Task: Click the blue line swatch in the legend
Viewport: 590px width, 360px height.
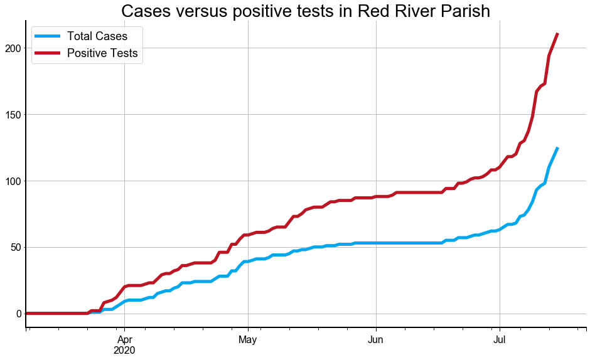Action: click(48, 36)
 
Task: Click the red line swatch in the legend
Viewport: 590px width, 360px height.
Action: click(48, 53)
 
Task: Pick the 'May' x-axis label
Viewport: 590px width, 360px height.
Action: click(248, 339)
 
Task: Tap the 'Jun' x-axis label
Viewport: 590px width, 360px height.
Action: click(376, 339)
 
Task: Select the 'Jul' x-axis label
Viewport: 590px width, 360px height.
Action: click(500, 339)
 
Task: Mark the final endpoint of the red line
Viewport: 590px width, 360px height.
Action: click(557, 34)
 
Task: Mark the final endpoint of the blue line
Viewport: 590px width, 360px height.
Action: click(557, 148)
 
